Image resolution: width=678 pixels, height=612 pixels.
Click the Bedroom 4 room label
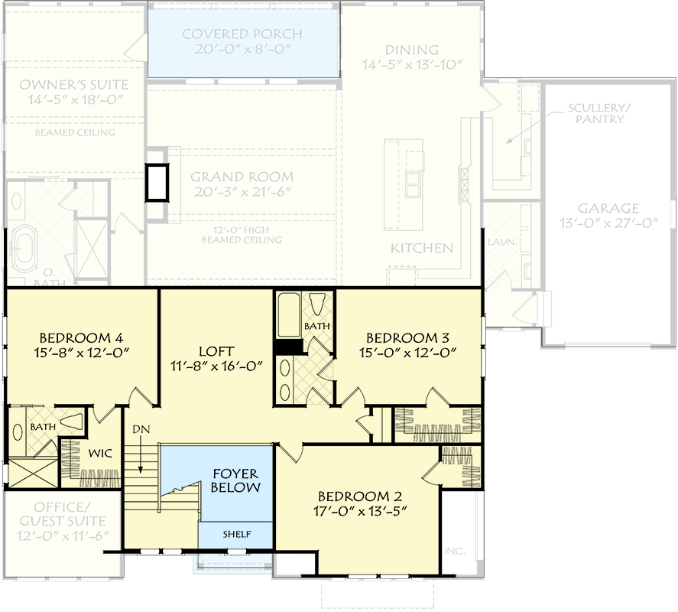click(x=81, y=337)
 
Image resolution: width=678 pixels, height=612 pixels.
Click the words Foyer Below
click(x=235, y=480)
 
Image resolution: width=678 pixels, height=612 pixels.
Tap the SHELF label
click(x=236, y=534)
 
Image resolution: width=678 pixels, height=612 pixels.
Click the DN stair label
click(x=140, y=429)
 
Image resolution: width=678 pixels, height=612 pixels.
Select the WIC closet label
click(x=100, y=454)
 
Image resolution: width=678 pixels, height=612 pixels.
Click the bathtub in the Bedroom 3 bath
click(x=288, y=315)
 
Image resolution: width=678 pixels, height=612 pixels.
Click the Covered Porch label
click(x=242, y=34)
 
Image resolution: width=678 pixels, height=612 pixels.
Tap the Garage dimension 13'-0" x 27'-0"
click(x=608, y=223)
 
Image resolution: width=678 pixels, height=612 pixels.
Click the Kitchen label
click(x=422, y=248)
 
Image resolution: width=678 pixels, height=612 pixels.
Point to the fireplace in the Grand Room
click(x=157, y=182)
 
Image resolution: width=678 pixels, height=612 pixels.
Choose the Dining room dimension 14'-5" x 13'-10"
click(x=412, y=65)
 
